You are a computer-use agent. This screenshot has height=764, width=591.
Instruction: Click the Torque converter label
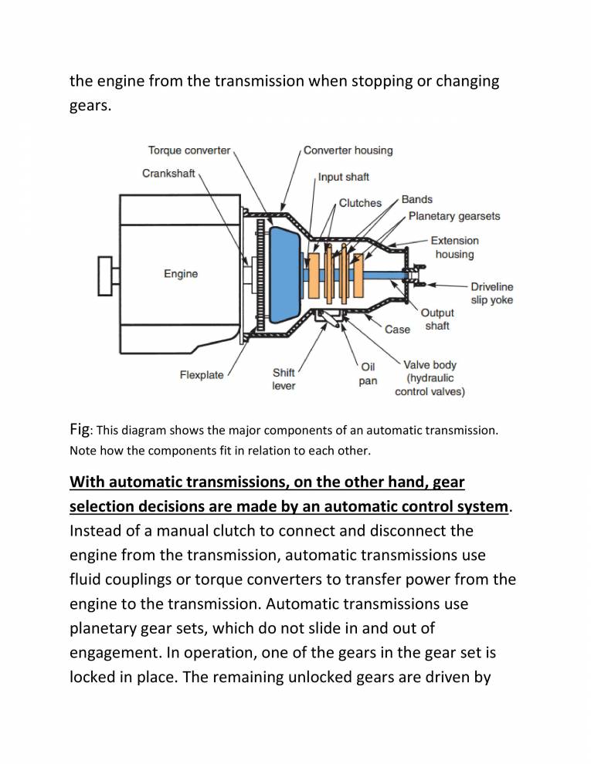[189, 150]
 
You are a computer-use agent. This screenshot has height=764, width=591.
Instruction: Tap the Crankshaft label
[168, 173]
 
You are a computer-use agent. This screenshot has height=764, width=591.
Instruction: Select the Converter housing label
[348, 150]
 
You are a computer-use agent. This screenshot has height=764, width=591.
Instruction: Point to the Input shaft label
[344, 177]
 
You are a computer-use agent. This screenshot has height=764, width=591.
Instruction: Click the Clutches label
[360, 203]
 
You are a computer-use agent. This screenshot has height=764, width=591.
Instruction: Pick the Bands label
[417, 200]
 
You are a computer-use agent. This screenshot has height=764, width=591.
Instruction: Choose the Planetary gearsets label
[454, 216]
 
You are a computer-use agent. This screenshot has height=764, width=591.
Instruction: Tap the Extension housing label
[454, 247]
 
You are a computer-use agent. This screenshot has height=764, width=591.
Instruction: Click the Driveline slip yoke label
[491, 293]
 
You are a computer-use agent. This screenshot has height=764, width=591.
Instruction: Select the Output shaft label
[436, 319]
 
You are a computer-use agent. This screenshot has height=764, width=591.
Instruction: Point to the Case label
[397, 330]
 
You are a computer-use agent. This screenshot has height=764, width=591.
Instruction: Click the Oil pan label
[368, 374]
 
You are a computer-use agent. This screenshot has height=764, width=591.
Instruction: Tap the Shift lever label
[284, 379]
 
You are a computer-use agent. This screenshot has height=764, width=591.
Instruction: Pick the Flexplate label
[202, 375]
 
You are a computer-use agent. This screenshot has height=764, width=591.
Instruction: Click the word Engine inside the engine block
[181, 274]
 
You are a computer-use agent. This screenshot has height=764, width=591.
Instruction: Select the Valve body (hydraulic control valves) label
[430, 378]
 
